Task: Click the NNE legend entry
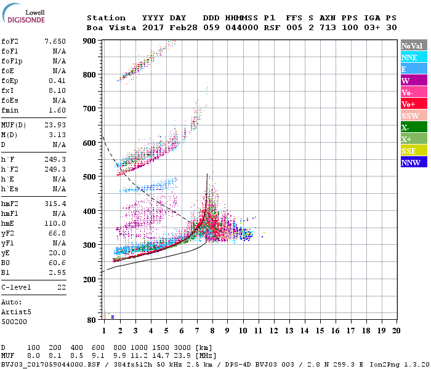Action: coord(413,57)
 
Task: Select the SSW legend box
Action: coord(413,116)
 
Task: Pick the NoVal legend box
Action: coord(413,46)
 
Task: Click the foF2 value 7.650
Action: coord(55,41)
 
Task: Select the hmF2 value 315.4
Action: coord(55,204)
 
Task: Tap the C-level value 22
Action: coord(61,287)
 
